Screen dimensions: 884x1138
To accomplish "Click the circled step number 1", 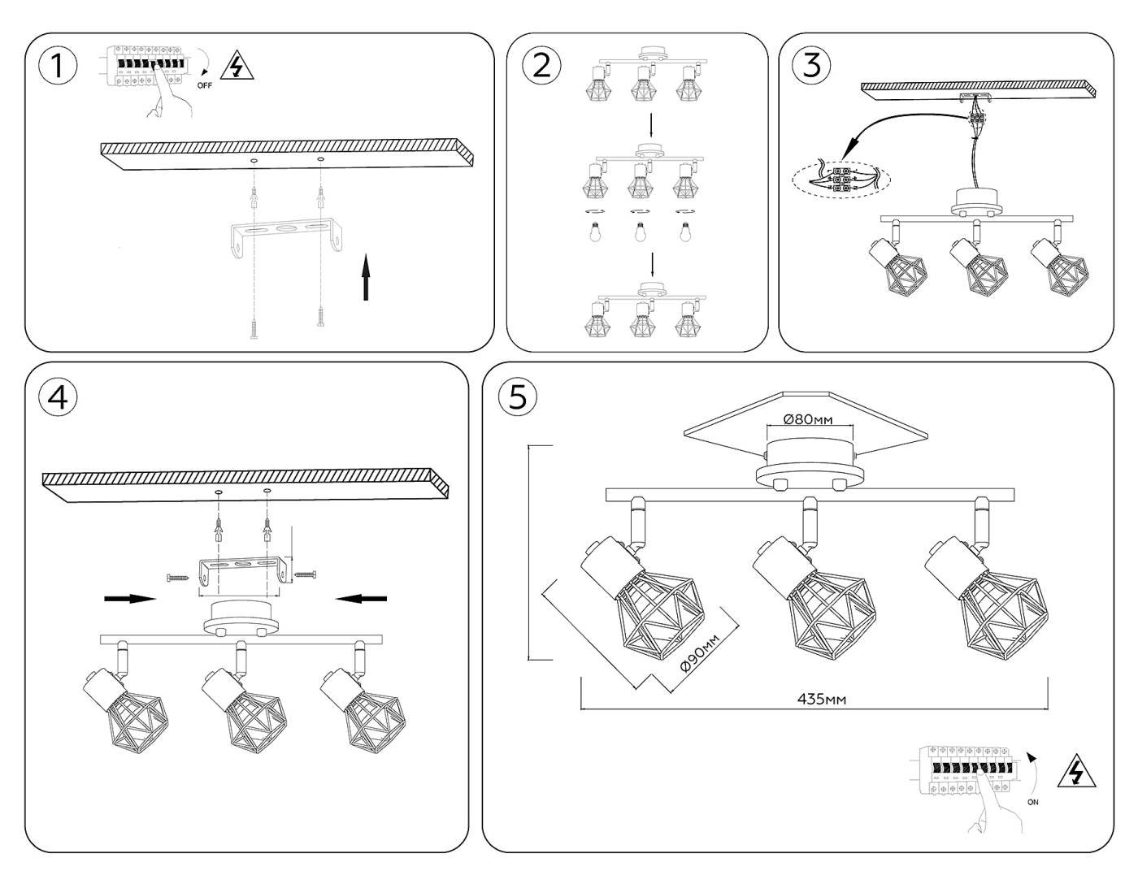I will click(57, 66).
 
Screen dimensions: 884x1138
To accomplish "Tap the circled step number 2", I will click(541, 65).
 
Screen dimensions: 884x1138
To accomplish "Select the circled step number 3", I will click(811, 64).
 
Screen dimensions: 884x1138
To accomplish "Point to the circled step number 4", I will click(58, 396).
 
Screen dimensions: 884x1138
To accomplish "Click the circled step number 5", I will click(518, 396).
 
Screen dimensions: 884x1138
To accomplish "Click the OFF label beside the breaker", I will click(204, 85).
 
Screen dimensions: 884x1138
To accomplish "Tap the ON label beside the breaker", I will click(1032, 802).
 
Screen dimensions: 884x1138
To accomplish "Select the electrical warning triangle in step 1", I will click(237, 67).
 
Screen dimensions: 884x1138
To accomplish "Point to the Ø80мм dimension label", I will click(809, 420).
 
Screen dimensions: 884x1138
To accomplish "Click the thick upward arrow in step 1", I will click(367, 277).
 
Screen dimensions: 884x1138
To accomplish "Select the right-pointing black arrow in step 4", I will click(130, 599).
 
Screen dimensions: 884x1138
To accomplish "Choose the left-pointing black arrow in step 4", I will click(360, 599).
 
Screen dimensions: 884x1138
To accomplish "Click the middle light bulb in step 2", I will click(640, 231).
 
